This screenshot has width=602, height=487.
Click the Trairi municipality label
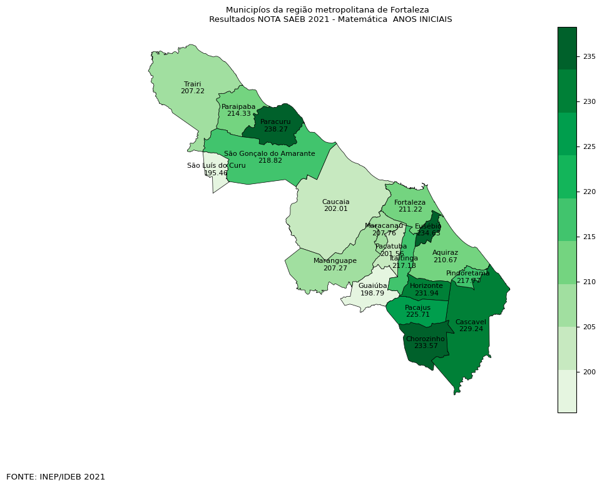tap(192, 83)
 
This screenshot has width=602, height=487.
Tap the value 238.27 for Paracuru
tap(275, 129)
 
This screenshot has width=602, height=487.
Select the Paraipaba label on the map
tap(238, 106)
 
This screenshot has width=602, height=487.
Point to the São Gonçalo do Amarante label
tap(270, 153)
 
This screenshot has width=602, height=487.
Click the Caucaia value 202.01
tap(335, 208)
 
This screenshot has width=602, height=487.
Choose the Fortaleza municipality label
tap(410, 202)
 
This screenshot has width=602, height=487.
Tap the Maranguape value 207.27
tap(335, 268)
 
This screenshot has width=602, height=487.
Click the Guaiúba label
tap(372, 285)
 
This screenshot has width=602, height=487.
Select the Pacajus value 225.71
tap(417, 315)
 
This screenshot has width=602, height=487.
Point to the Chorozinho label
tap(425, 339)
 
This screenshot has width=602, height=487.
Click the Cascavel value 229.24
tap(471, 329)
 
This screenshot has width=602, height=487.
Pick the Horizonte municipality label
tap(426, 285)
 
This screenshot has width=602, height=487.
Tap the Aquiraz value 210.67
tap(445, 260)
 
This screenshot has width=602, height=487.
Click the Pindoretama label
tap(468, 274)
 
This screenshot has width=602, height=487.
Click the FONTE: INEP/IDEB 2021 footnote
tap(56, 476)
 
